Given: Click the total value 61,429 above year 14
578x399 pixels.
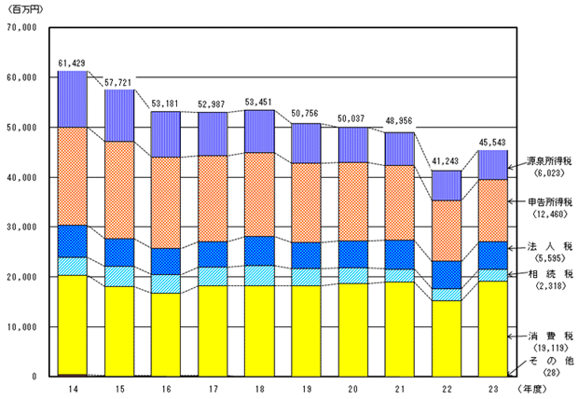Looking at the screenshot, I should [x=73, y=62].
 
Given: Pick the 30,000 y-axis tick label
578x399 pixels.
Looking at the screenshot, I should [x=20, y=227].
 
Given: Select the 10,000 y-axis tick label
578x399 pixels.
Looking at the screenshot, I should [x=20, y=327].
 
